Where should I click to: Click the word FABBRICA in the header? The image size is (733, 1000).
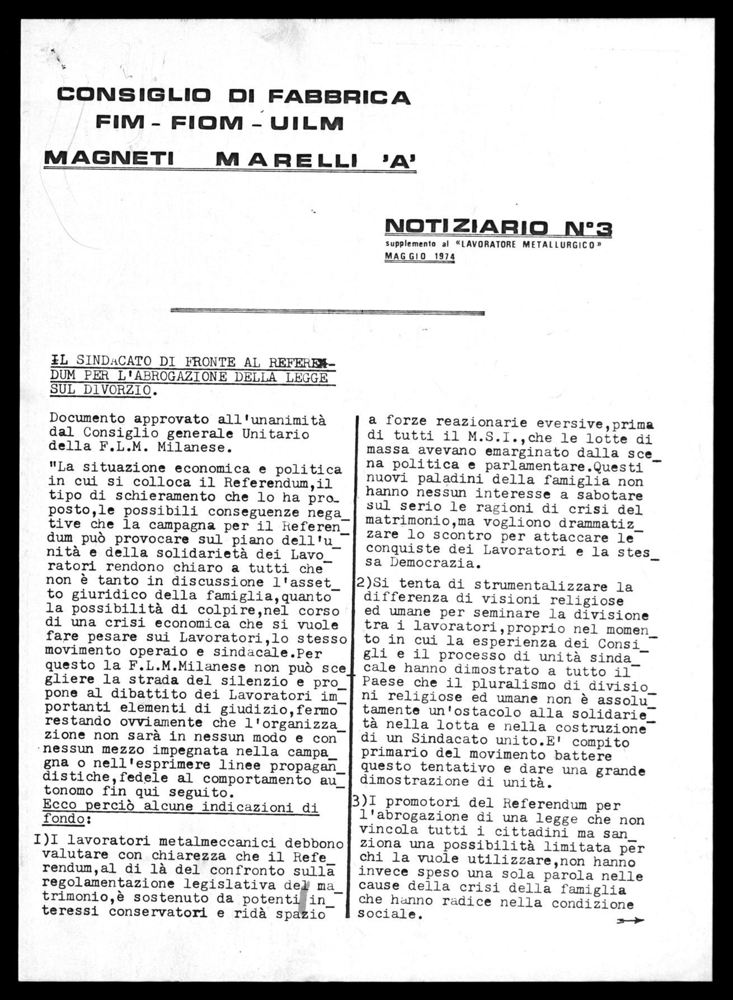[x=339, y=97]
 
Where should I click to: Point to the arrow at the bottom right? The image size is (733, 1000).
[x=630, y=921]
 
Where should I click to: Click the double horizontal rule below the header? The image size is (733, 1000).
[x=327, y=312]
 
